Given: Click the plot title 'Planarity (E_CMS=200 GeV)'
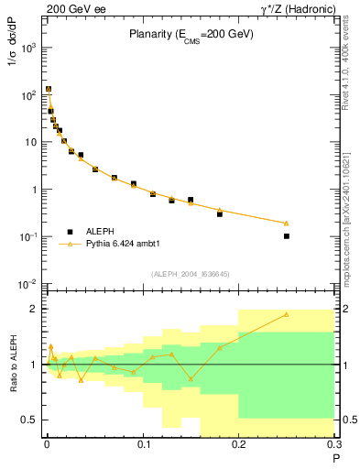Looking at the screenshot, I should pyautogui.click(x=190, y=35).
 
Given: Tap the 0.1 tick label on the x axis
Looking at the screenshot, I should pyautogui.click(x=142, y=446).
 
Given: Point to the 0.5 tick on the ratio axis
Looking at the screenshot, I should pyautogui.click(x=29, y=420).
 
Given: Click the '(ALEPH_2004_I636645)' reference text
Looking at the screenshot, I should pyautogui.click(x=189, y=273).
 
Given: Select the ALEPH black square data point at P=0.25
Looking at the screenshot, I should pyautogui.click(x=287, y=236).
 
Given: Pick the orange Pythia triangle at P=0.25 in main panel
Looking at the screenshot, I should pyautogui.click(x=287, y=223).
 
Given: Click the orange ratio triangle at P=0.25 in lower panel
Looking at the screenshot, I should pyautogui.click(x=287, y=314).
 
